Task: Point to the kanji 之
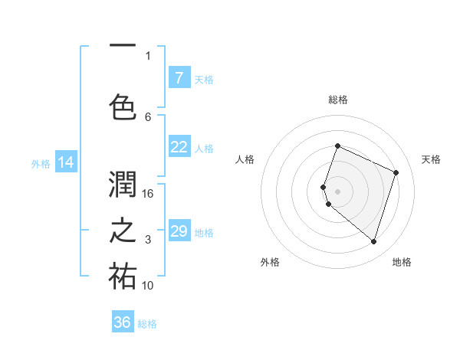tap(123, 231)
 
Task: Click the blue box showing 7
tap(179, 78)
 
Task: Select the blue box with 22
tap(179, 147)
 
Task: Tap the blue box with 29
tap(179, 231)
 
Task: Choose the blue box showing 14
tap(65, 162)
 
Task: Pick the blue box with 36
tap(122, 322)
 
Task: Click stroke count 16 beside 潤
tap(149, 194)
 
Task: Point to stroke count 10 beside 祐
tap(149, 286)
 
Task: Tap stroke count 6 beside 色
tap(149, 116)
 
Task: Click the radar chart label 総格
tap(338, 100)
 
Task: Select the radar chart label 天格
tap(432, 159)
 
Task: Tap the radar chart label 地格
tap(402, 262)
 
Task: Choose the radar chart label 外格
tap(270, 262)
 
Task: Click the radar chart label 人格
tap(245, 159)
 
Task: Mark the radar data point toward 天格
tap(396, 172)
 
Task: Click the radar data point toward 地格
tap(373, 242)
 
